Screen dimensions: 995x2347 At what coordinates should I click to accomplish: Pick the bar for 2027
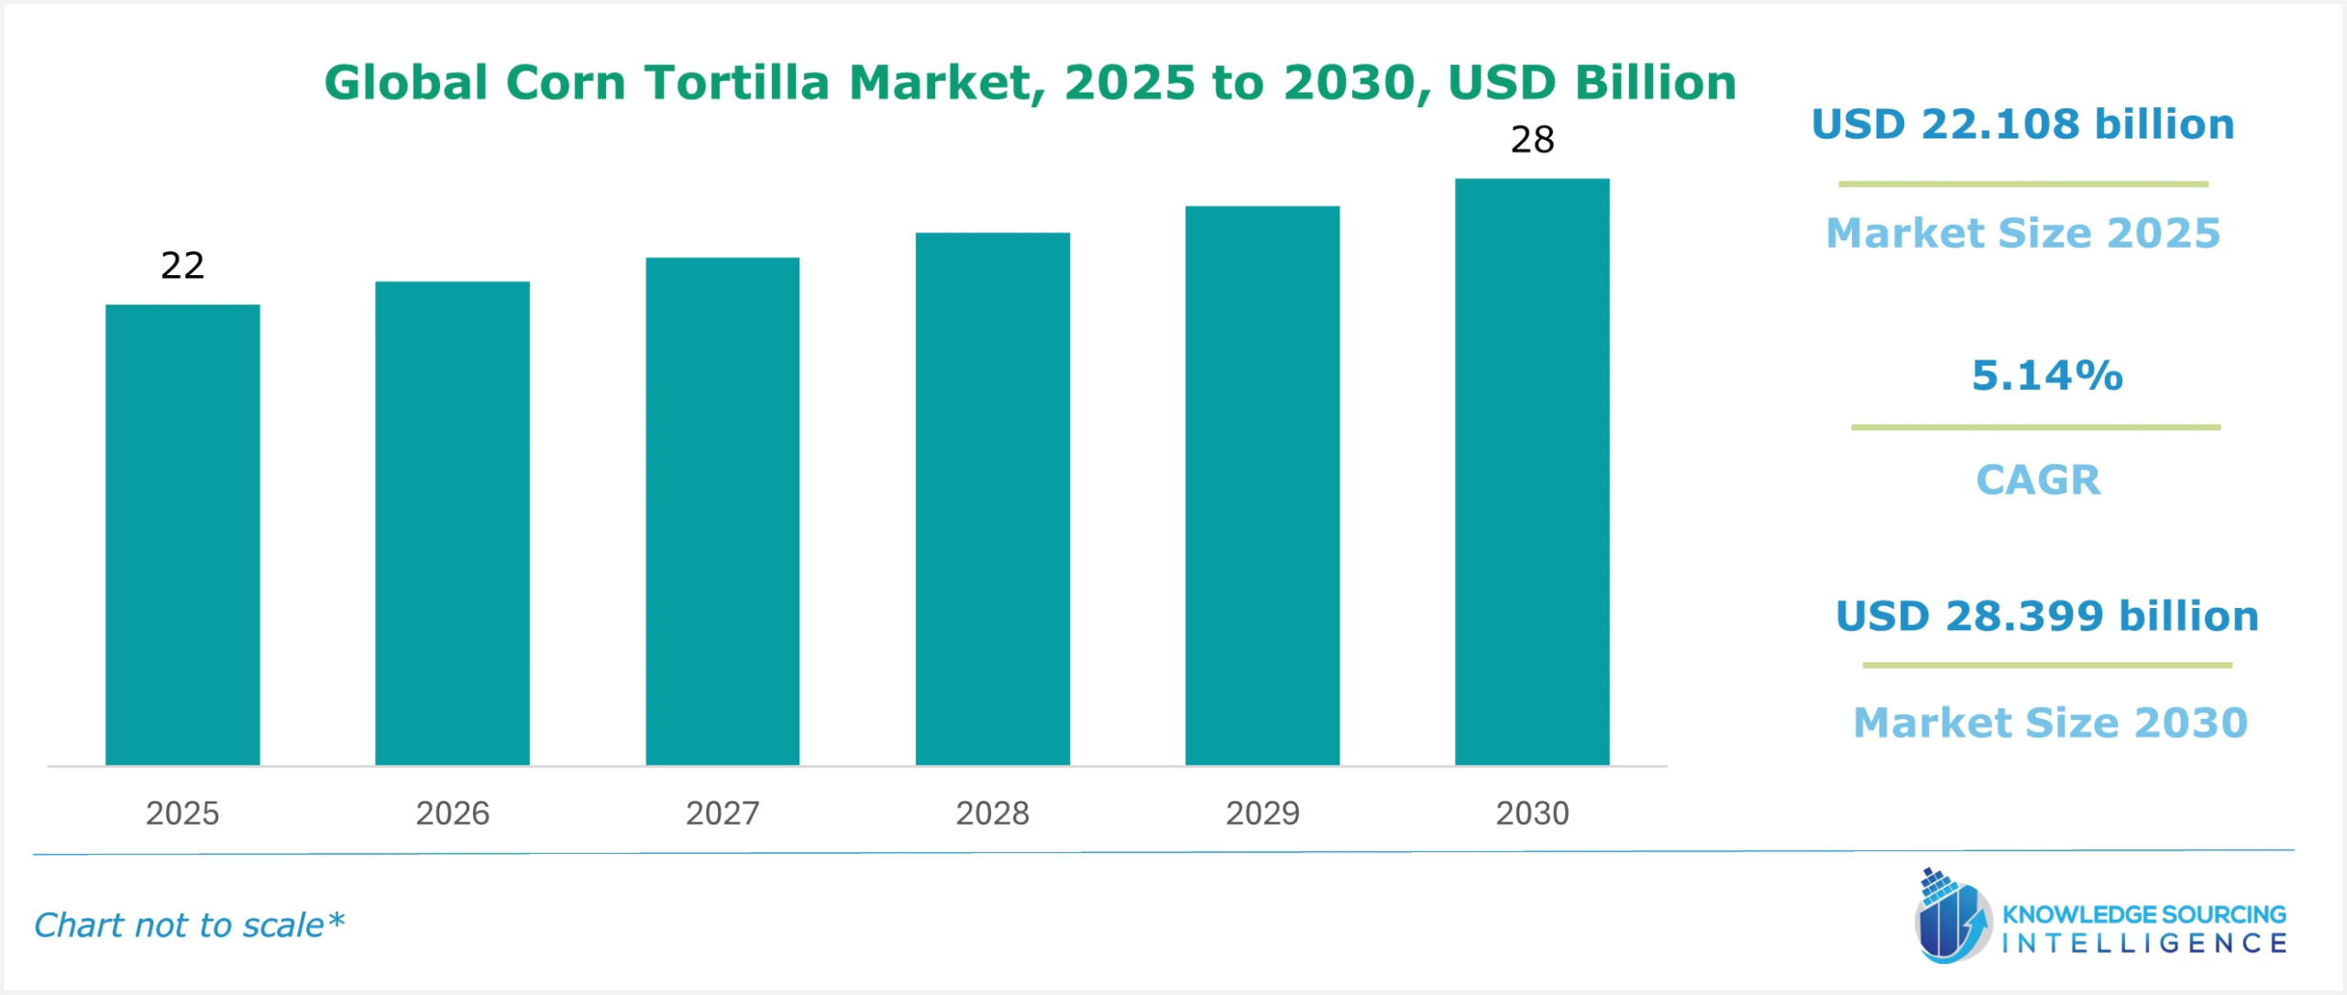722,511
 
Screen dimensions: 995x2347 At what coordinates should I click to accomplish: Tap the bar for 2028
992,499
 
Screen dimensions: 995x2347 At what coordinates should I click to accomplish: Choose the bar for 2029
1262,485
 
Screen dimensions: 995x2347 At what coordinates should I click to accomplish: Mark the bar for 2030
1532,471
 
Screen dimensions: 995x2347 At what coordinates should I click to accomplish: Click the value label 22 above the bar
182,266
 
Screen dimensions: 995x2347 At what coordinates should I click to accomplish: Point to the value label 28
1532,140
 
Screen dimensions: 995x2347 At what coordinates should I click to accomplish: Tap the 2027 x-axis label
722,813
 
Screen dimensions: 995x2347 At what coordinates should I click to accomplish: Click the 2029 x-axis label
1262,813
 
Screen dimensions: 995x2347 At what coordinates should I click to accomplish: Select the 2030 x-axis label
1532,813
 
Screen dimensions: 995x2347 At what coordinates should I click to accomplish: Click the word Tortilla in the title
736,83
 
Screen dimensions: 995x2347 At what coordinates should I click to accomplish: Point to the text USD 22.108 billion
2022,125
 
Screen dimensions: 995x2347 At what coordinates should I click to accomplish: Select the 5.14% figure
2046,375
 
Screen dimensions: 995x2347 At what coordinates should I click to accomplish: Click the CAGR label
2037,480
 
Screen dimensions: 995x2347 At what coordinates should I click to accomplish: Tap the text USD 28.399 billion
2046,616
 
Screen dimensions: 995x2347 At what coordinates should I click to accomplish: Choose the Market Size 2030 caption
2050,723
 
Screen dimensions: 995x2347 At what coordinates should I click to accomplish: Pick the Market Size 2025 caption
2022,233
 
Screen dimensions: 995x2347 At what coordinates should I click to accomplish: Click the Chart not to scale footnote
189,925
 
